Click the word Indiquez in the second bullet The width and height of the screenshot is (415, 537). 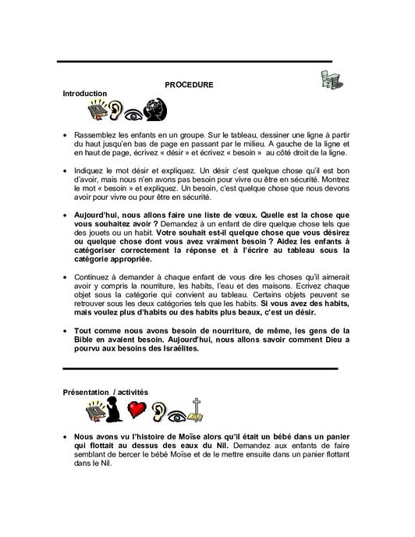tap(91, 169)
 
